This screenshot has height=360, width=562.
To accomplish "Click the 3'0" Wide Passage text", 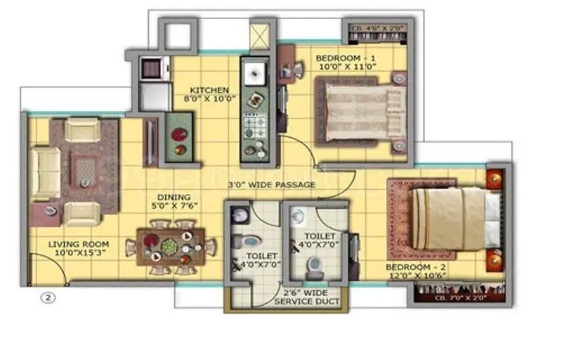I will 270,185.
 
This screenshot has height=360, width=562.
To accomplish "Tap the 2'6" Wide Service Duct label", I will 308,296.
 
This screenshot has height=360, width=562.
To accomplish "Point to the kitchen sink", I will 253,72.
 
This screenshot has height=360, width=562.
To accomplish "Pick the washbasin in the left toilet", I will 238,214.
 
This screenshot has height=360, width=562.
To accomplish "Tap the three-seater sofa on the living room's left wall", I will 44,172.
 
